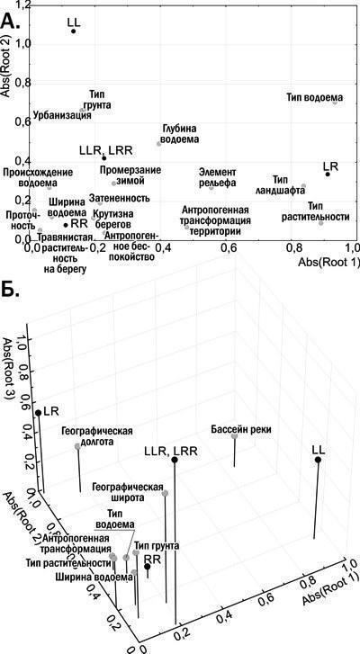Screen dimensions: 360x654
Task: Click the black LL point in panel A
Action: coord(74,31)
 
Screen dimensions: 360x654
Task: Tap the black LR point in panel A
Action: coord(328,174)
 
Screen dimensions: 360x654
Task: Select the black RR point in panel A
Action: coord(66,225)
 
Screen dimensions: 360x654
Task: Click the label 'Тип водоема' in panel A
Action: coord(315,97)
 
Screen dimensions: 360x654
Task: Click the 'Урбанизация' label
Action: coord(62,115)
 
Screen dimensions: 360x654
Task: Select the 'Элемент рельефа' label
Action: coord(217,177)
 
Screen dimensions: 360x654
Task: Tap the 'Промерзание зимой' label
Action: coord(124,175)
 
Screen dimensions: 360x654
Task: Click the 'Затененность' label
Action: coord(120,198)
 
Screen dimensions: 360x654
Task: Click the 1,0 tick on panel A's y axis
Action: coord(22,44)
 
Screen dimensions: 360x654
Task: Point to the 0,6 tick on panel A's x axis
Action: coord(225,247)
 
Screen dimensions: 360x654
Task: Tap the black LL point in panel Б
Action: coord(318,460)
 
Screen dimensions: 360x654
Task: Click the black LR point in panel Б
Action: coord(39,413)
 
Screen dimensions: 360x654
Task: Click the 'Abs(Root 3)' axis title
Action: coord(11,368)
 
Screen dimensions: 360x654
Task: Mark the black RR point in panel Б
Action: coord(148,567)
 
